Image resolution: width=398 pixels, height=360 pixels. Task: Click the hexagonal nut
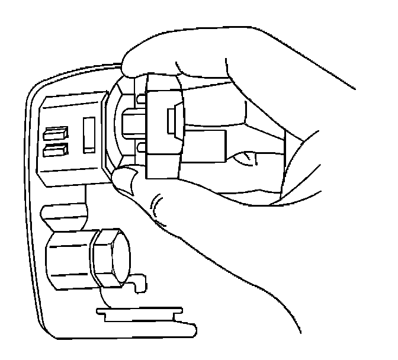[109, 256]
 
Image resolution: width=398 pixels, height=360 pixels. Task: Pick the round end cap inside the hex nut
[118, 256]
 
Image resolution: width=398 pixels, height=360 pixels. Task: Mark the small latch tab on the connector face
[172, 121]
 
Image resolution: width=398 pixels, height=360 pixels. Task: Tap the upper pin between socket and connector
[140, 97]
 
